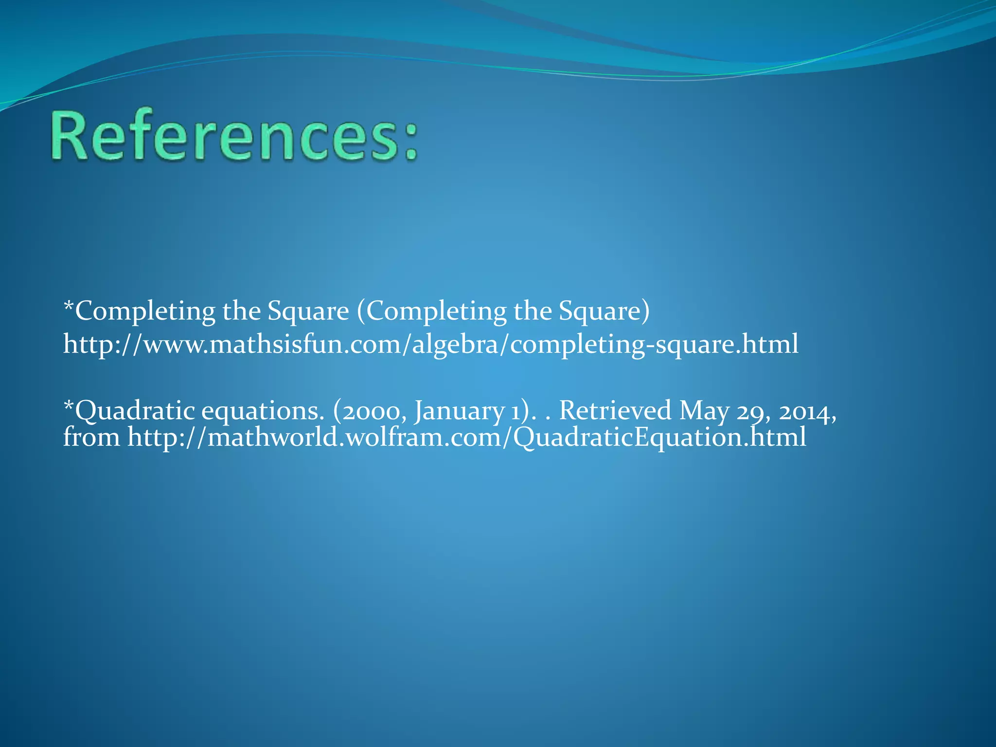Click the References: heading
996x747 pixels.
tap(233, 136)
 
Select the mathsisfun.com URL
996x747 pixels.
tap(430, 344)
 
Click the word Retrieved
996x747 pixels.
tap(615, 411)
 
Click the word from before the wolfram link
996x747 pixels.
tap(91, 437)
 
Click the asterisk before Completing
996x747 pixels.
tap(69, 306)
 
